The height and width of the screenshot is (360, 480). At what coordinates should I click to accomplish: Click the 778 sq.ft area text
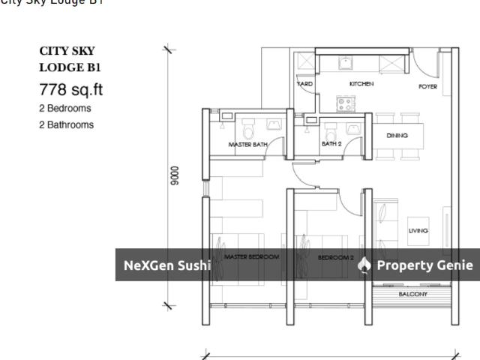pyautogui.click(x=70, y=91)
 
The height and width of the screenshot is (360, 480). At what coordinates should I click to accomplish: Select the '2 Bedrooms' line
pyautogui.click(x=66, y=109)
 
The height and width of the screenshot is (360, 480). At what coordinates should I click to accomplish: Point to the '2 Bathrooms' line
pyautogui.click(x=66, y=124)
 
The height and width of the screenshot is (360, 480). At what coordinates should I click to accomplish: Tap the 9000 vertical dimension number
pyautogui.click(x=175, y=175)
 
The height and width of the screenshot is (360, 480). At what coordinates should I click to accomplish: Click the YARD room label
pyautogui.click(x=305, y=84)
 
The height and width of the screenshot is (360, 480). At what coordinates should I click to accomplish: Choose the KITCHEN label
pyautogui.click(x=361, y=84)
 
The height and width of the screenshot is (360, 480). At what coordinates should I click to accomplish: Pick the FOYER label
pyautogui.click(x=427, y=87)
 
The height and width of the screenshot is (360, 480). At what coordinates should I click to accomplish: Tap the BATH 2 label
pyautogui.click(x=331, y=143)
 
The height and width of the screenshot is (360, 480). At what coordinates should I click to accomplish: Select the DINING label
pyautogui.click(x=397, y=136)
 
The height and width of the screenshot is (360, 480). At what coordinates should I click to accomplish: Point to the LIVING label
pyautogui.click(x=418, y=231)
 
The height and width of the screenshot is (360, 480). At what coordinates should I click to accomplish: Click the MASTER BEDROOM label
pyautogui.click(x=252, y=257)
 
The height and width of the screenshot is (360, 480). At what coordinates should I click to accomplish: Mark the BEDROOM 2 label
pyautogui.click(x=335, y=257)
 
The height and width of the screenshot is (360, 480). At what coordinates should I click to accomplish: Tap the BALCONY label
pyautogui.click(x=412, y=295)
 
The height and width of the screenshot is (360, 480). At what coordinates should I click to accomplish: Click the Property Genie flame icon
pyautogui.click(x=364, y=265)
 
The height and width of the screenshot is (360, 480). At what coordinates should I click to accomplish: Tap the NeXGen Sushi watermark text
pyautogui.click(x=166, y=265)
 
